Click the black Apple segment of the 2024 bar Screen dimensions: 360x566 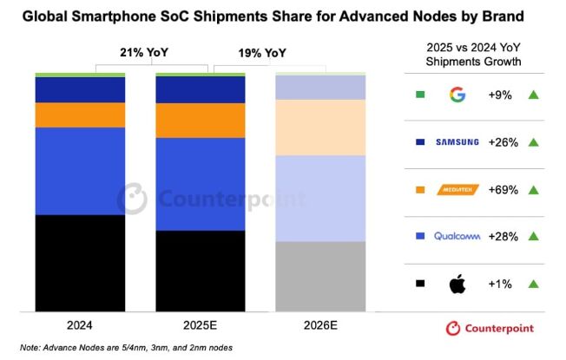pyautogui.click(x=80, y=262)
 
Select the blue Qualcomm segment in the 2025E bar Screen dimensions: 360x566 pyautogui.click(x=201, y=184)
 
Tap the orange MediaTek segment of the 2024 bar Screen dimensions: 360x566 pyautogui.click(x=80, y=115)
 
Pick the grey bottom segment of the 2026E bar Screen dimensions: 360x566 pyautogui.click(x=320, y=275)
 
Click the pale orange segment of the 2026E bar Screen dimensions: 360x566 pyautogui.click(x=320, y=127)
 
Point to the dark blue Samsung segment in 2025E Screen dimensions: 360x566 pyautogui.click(x=201, y=89)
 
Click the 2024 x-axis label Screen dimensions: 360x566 pyautogui.click(x=80, y=325)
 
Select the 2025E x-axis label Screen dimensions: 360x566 pyautogui.click(x=201, y=325)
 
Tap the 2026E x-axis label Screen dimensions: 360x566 pyautogui.click(x=320, y=325)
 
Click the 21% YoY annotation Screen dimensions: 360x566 pyautogui.click(x=145, y=53)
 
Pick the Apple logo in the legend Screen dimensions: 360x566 pyautogui.click(x=457, y=283)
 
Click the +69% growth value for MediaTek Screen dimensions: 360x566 pyautogui.click(x=507, y=189)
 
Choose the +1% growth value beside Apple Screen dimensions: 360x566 pyautogui.click(x=507, y=284)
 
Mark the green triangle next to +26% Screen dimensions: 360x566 pyautogui.click(x=534, y=141)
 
